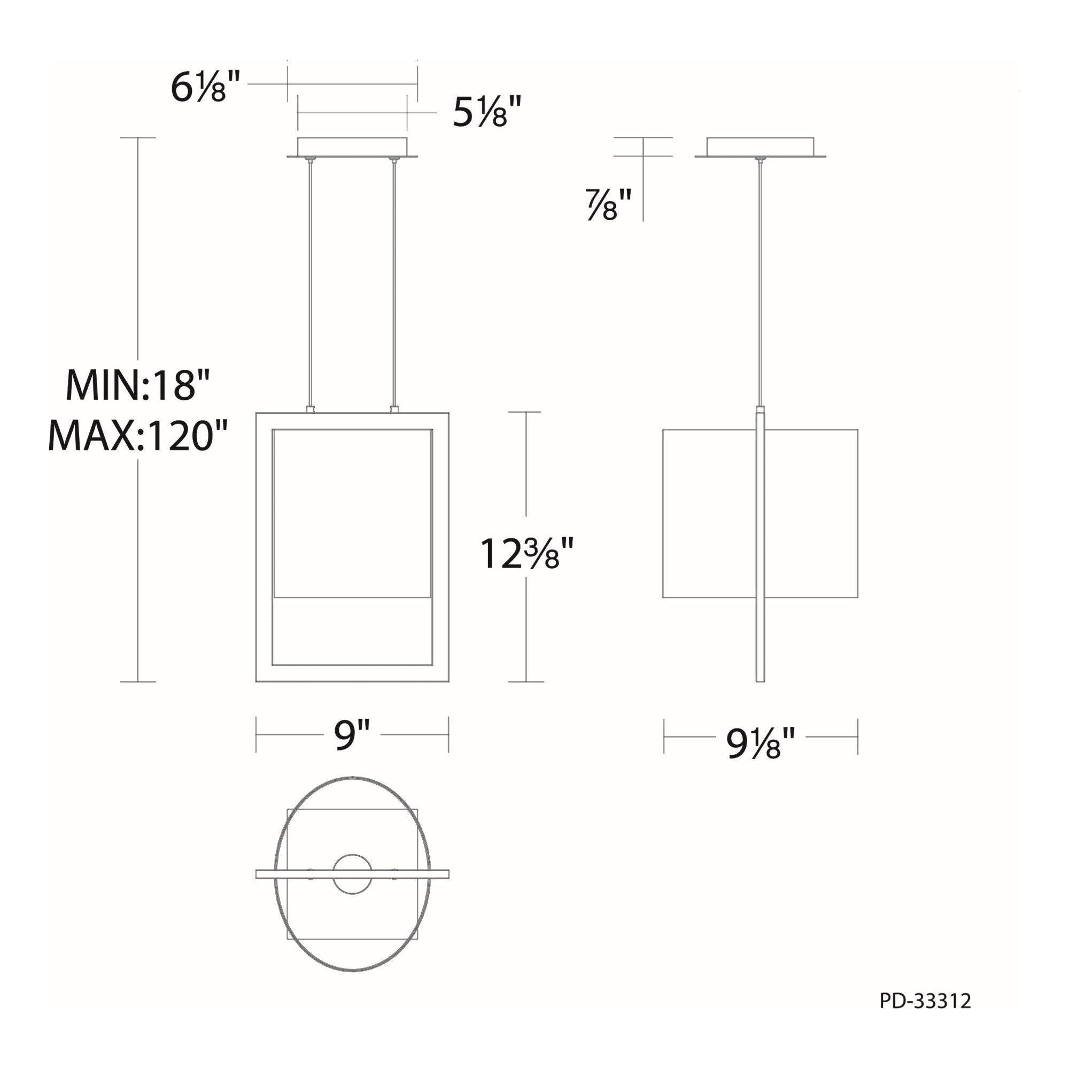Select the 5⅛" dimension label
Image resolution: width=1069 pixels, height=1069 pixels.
coord(487,113)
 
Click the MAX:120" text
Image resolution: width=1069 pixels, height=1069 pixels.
coord(138,435)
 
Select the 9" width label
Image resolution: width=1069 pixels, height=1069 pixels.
coord(352,735)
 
